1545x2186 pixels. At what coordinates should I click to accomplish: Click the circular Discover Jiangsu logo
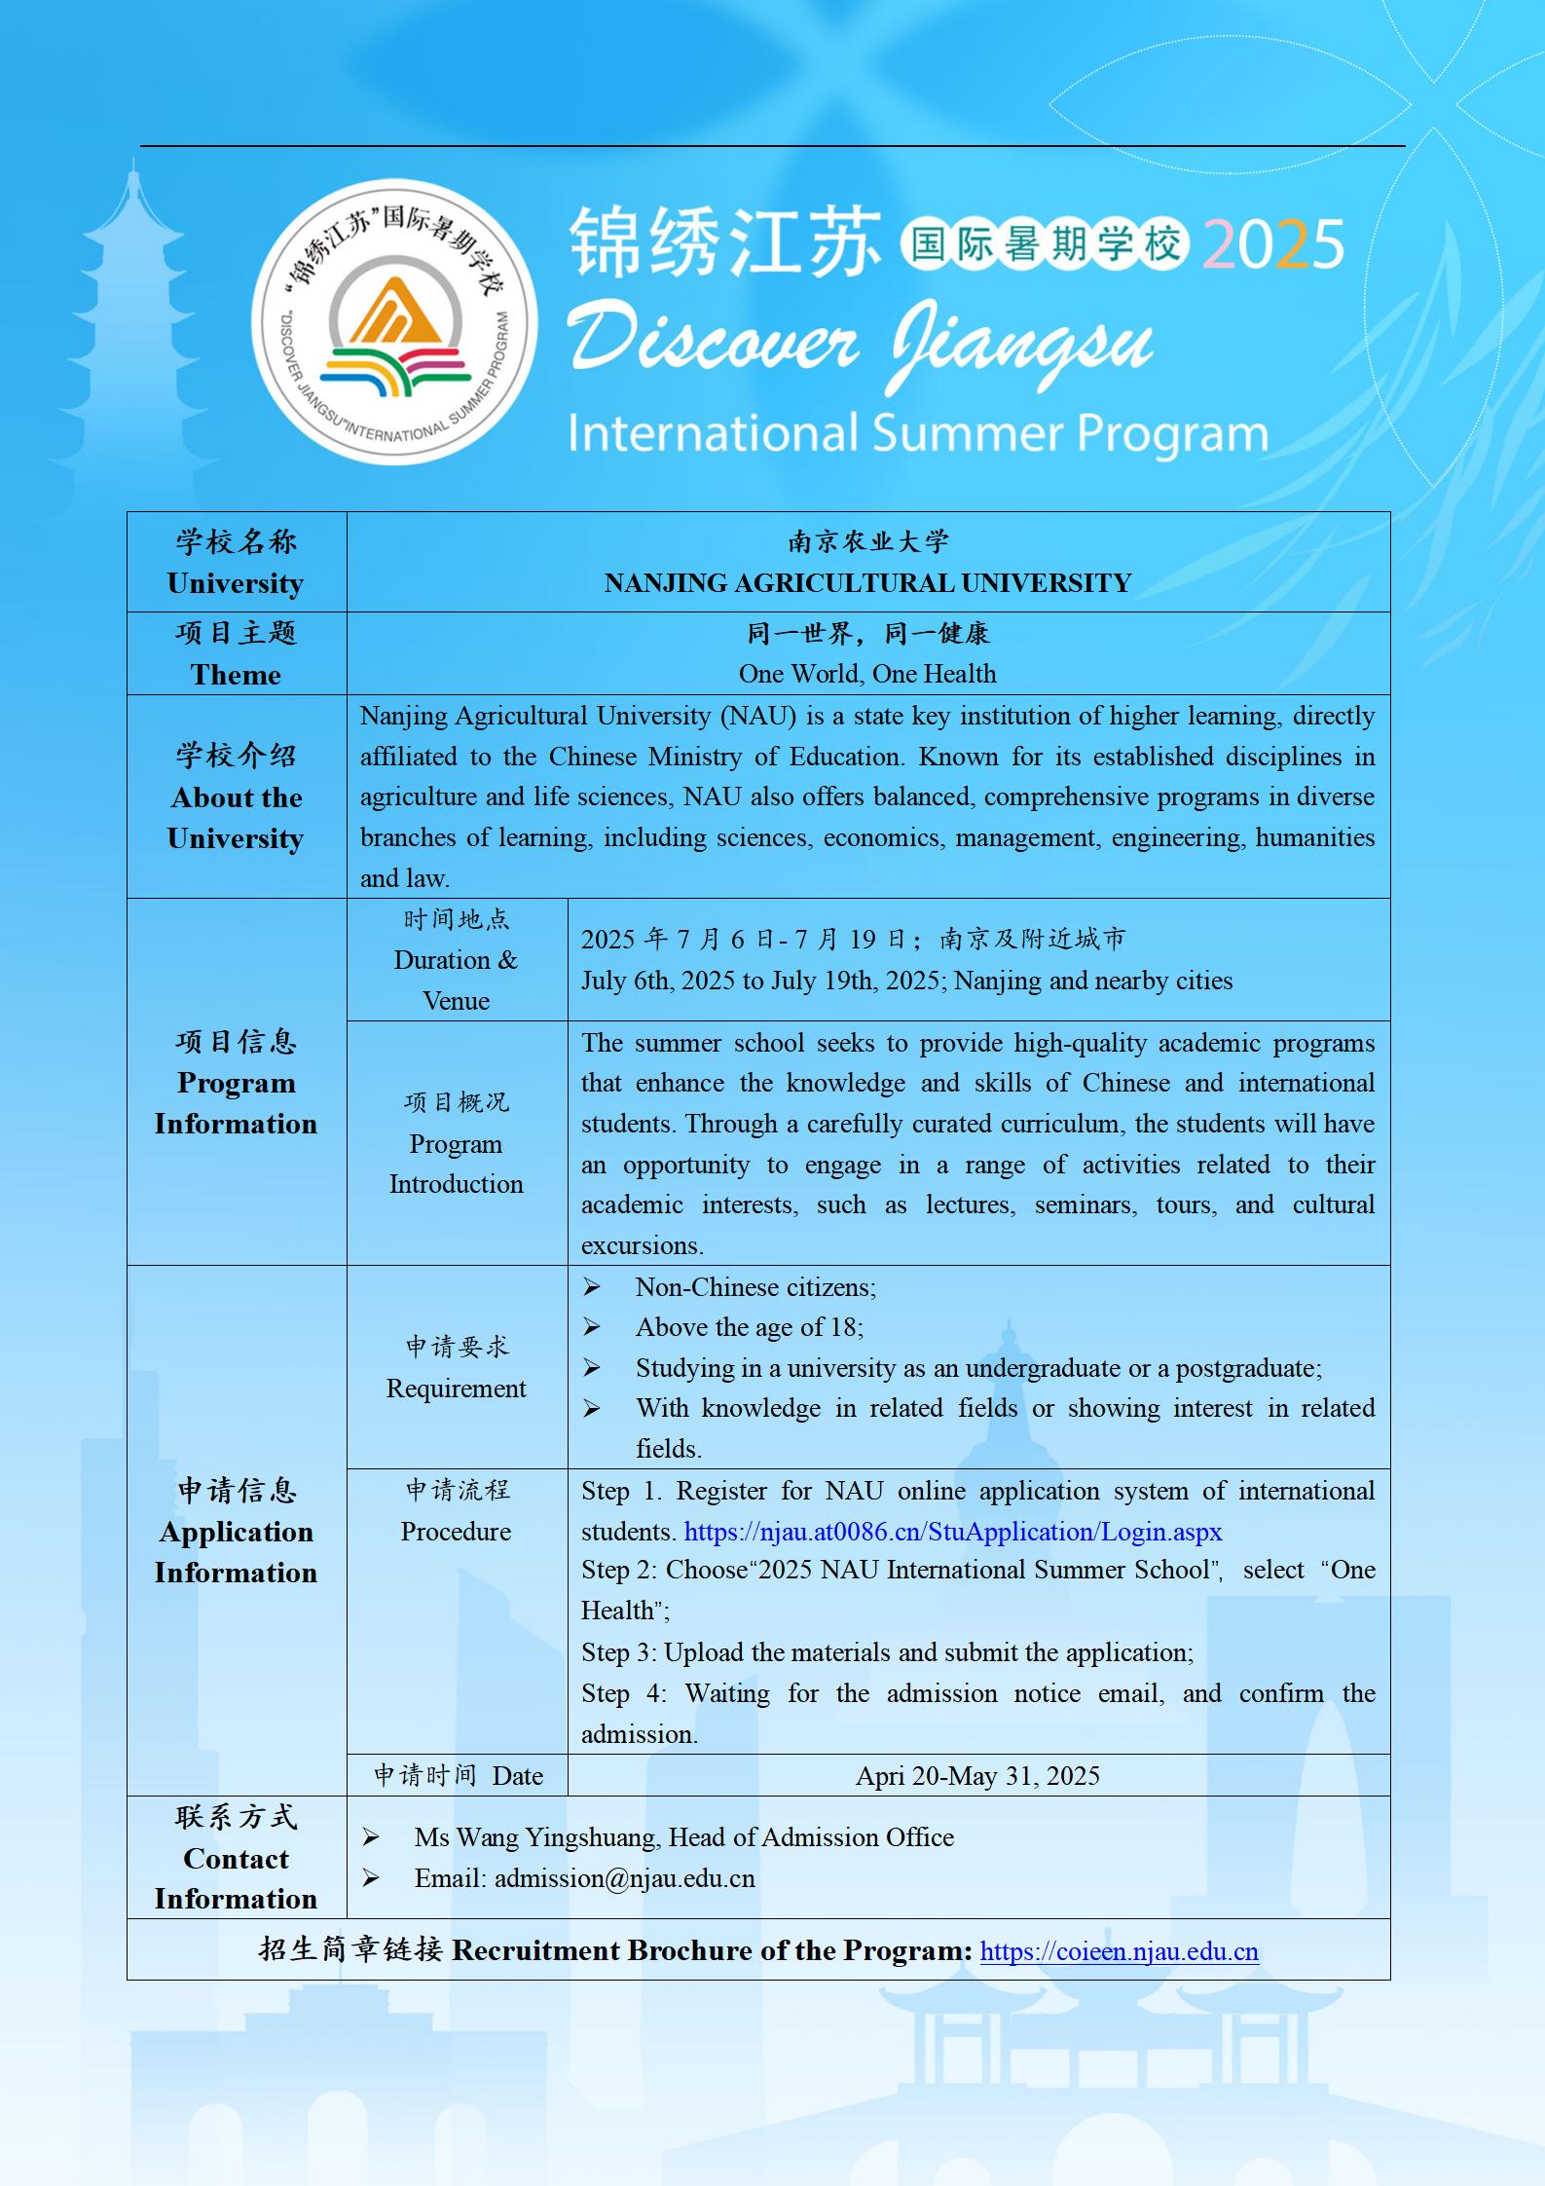(393, 321)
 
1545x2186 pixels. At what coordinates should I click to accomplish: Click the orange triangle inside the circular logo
(394, 315)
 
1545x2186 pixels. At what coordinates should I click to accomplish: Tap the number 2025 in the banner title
(1273, 244)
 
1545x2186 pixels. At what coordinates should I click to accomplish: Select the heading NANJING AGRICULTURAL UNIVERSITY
(867, 583)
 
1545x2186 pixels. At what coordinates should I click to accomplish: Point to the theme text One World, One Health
(867, 674)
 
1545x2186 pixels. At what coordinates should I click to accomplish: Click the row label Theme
(236, 675)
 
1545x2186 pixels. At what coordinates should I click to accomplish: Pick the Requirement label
(456, 1389)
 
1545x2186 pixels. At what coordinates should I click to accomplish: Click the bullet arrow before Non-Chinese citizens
(592, 1288)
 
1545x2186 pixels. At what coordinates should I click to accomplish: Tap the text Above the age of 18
(749, 1327)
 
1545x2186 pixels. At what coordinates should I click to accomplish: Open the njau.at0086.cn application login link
(952, 1532)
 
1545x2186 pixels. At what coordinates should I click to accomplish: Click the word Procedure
(456, 1532)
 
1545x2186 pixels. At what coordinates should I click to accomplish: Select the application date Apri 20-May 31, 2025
(977, 1776)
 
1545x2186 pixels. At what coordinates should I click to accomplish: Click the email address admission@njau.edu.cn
(624, 1878)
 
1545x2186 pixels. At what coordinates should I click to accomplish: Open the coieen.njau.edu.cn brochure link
(1119, 1951)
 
